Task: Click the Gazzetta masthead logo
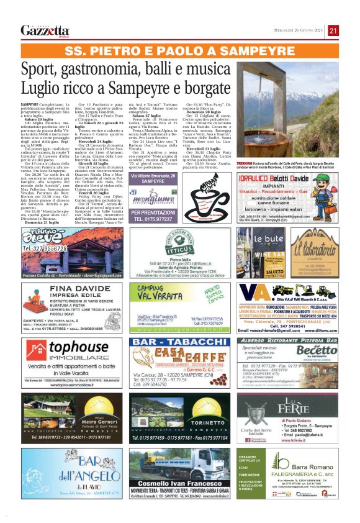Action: tap(45, 30)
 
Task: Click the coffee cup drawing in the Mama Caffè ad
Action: tap(208, 202)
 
